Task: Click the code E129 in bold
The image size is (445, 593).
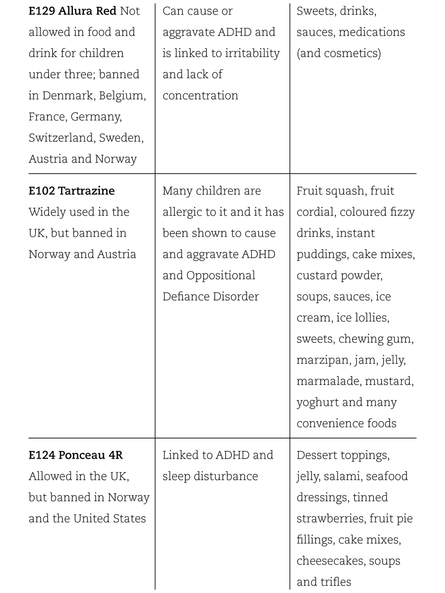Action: point(42,11)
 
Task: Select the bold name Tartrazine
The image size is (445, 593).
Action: point(86,191)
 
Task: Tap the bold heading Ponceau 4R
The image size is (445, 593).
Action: point(90,455)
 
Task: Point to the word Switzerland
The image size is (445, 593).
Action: point(62,138)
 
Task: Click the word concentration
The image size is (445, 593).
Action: point(200,96)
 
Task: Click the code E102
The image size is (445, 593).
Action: point(42,191)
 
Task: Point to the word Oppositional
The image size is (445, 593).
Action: point(221,275)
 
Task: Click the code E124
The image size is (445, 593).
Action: point(42,455)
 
